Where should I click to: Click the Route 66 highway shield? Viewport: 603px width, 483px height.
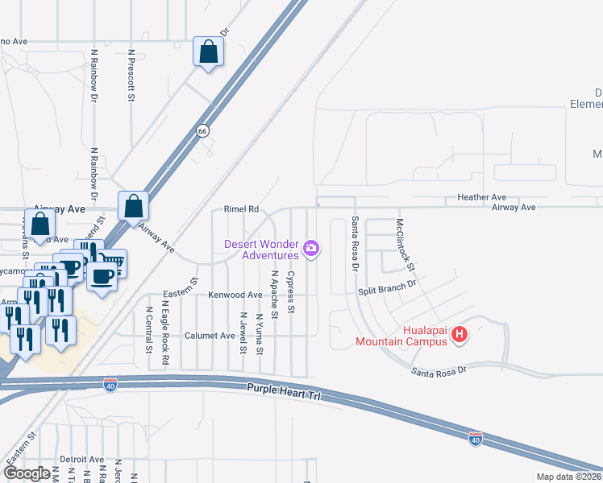tap(202, 130)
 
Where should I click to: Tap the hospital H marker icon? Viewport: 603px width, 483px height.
tap(459, 332)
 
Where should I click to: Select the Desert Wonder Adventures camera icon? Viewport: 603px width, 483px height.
tap(312, 250)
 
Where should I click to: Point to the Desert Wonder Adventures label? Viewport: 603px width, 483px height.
tap(260, 250)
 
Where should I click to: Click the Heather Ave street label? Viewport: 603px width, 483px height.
tap(481, 197)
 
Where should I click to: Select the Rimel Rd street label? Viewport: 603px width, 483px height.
tap(241, 208)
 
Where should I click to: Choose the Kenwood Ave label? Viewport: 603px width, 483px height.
tap(235, 295)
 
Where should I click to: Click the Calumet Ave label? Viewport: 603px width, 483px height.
tap(210, 336)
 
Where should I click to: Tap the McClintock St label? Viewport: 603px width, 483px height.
tap(405, 244)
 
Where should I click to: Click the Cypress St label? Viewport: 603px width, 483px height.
tap(292, 293)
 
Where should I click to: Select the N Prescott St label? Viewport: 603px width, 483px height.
tap(131, 75)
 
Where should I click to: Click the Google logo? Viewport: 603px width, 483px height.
tap(27, 473)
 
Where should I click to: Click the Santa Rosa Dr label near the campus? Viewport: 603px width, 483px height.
tap(439, 371)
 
